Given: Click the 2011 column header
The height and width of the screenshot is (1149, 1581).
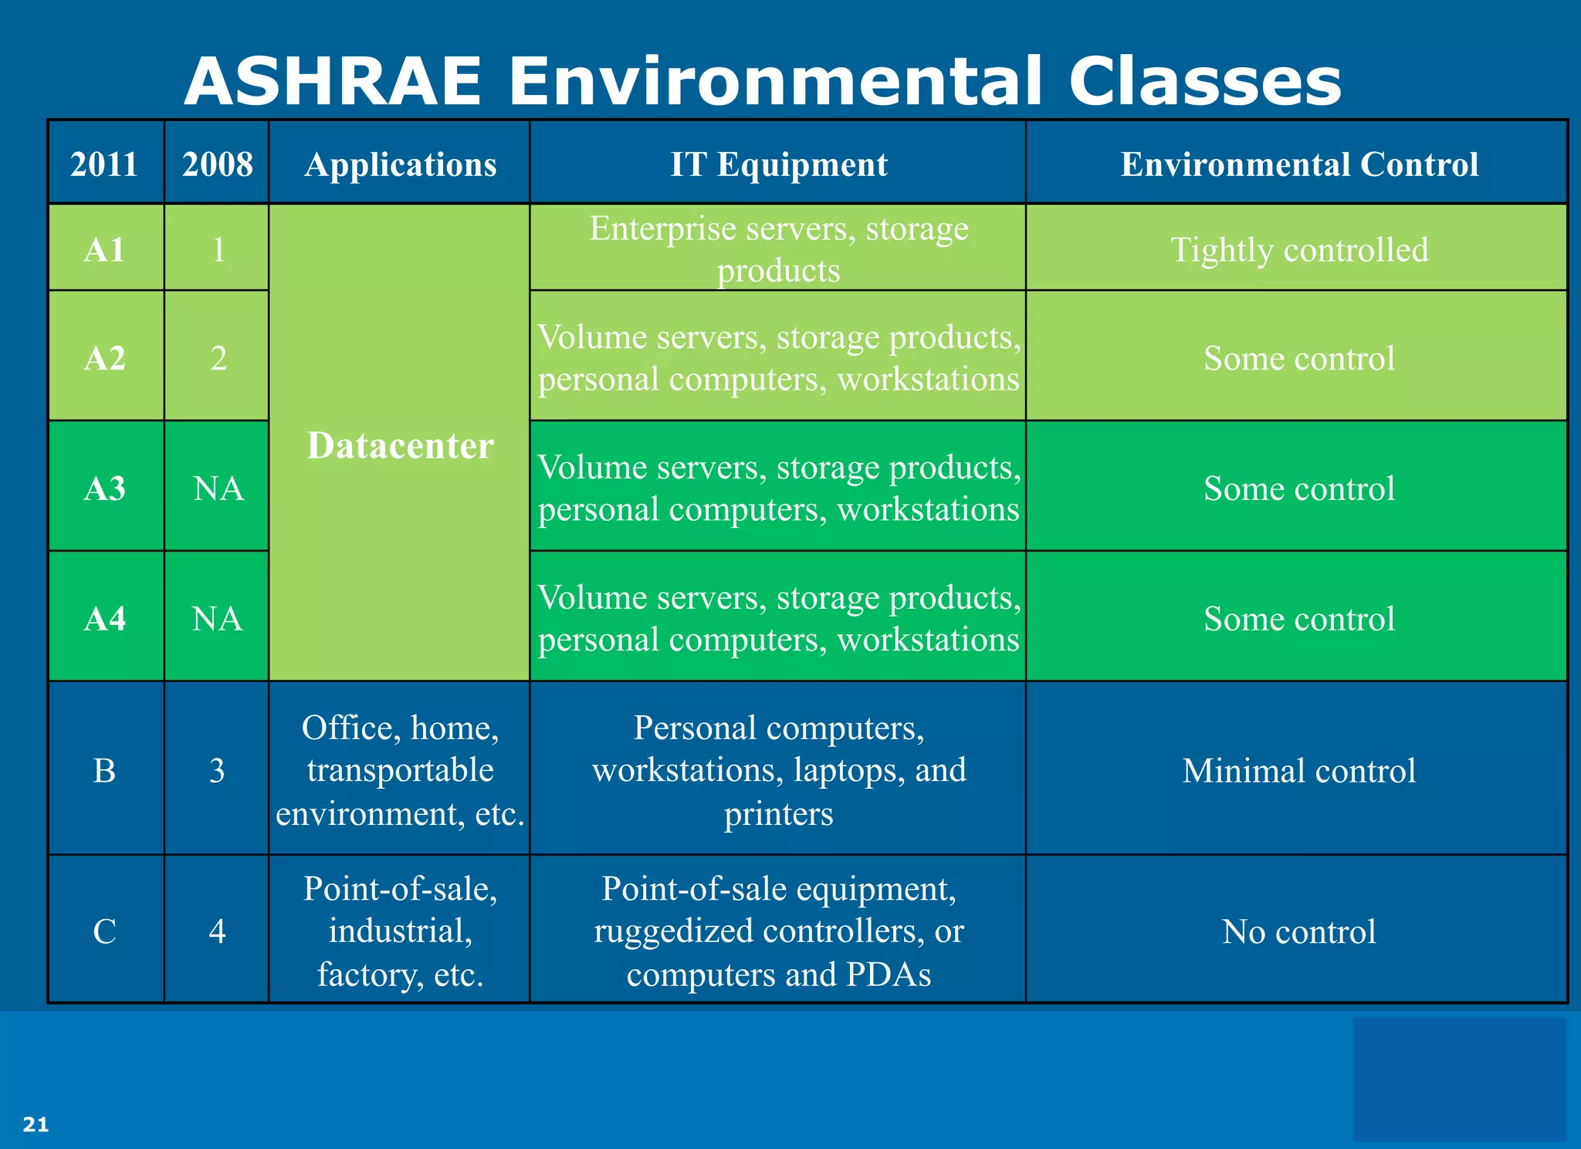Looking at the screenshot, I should coord(104,164).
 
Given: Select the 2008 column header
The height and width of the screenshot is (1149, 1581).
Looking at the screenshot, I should coord(217,164).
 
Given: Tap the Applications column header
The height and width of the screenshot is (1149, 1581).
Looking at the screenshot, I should coord(400,164).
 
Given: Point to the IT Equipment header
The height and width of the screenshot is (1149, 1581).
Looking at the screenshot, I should coord(778,164).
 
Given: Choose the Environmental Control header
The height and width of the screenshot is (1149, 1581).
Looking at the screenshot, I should coord(1298,164).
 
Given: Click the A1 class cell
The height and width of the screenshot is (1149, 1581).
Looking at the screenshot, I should coord(105,250).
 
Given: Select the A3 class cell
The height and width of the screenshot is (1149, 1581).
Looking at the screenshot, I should coord(105,488).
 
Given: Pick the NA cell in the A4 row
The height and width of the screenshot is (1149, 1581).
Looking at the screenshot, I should coord(217,619).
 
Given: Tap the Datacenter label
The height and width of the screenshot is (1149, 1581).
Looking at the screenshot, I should coord(400,446).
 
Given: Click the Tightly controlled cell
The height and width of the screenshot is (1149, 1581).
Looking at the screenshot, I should coord(1298,250).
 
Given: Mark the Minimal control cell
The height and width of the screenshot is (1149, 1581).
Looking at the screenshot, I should coord(1298,771).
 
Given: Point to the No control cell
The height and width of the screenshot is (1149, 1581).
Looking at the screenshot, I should coord(1298,931).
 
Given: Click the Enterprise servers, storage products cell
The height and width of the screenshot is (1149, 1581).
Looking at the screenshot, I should coord(778,249).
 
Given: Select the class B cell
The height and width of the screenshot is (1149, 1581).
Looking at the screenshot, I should coord(105,771).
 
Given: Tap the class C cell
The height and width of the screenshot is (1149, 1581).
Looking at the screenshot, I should coord(105,931).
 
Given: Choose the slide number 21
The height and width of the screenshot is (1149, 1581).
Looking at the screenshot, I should coord(36,1124).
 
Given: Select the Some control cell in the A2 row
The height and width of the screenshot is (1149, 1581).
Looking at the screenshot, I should coord(1298,358).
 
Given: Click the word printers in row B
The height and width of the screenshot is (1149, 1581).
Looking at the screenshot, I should coord(778,814).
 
